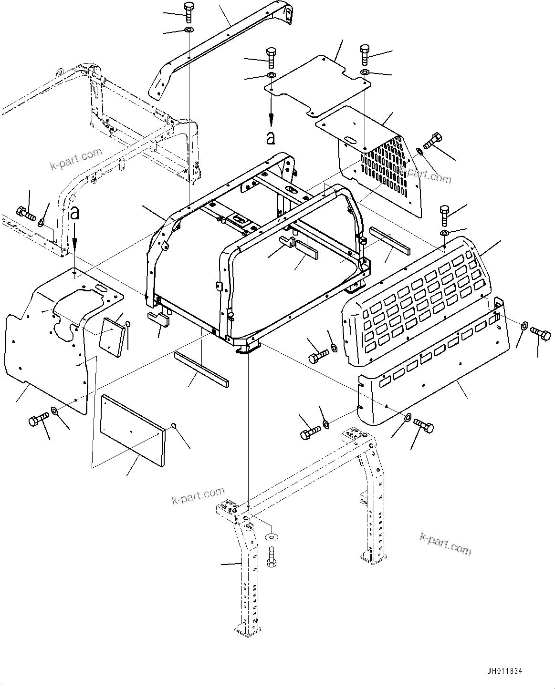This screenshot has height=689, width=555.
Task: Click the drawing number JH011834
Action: (x=504, y=671)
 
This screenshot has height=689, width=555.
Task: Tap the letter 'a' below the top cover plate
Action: (x=271, y=138)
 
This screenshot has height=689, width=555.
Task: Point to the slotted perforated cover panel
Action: (x=382, y=162)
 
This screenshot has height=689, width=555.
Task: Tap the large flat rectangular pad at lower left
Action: (x=132, y=428)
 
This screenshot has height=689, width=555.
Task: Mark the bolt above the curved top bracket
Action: (x=188, y=11)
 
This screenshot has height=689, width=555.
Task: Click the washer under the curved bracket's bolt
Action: (x=188, y=31)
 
